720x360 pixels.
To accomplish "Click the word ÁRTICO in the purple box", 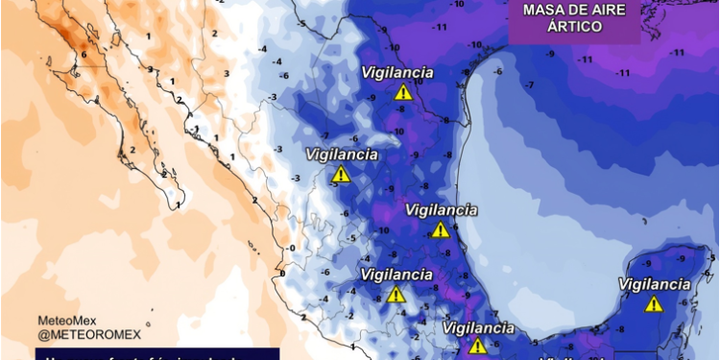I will pos(575,28).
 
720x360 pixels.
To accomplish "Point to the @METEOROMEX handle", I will pos(89,334).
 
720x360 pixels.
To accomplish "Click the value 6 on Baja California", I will pos(84,54).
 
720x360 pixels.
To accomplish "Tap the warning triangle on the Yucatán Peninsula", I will pos(654,304).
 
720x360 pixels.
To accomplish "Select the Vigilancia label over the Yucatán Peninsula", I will pos(654,284).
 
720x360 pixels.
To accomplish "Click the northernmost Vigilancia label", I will pos(397,73).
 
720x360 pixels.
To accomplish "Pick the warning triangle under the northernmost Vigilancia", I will pos(403,93).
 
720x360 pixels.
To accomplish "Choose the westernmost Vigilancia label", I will pos(342,155).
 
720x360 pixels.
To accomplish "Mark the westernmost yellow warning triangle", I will pos(341,175).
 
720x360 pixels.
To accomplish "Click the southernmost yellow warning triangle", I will pos(477,347).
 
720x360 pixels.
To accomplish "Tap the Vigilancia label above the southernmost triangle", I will pos(477,328).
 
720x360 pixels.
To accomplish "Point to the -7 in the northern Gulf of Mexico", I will pos(528,84).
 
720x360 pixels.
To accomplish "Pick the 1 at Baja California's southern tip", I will pos(180,204).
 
